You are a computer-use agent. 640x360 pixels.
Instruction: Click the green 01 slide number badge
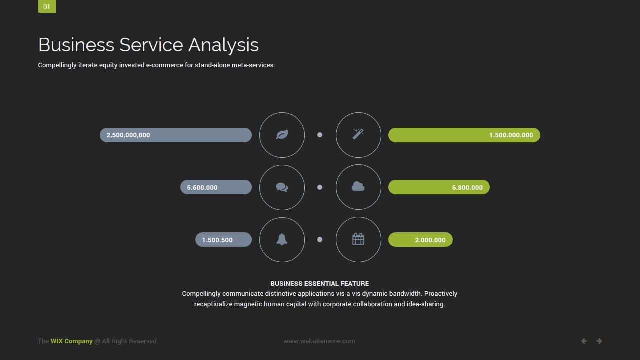pos(47,6)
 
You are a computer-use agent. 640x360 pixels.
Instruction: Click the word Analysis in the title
pos(223,45)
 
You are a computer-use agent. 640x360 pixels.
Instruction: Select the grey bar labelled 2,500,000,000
pos(176,135)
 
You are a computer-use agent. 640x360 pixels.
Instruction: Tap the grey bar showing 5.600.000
pos(216,187)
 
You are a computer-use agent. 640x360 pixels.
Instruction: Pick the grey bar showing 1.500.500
pos(223,239)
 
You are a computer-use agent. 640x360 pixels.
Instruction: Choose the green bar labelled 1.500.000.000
pos(464,135)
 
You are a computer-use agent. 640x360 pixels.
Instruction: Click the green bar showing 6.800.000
pos(439,187)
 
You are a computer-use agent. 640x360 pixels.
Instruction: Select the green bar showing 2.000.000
pos(420,239)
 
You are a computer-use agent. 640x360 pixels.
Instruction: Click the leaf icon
pos(282,135)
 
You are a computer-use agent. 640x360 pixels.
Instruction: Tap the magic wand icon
pos(358,134)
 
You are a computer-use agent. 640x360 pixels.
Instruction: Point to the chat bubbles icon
pos(282,187)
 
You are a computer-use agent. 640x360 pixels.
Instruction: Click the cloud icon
pos(358,186)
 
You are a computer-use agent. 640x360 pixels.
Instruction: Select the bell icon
pos(282,239)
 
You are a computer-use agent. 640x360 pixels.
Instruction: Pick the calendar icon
pos(358,239)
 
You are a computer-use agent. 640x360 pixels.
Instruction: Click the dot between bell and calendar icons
pos(320,239)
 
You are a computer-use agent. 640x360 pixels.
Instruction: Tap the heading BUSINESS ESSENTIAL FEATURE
pos(319,283)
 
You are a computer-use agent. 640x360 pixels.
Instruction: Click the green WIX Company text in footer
pos(71,341)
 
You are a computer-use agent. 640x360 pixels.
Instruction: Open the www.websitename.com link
pos(319,341)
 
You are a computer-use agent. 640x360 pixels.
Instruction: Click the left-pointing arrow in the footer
pos(584,341)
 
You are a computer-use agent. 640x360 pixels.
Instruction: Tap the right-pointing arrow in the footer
pos(599,341)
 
